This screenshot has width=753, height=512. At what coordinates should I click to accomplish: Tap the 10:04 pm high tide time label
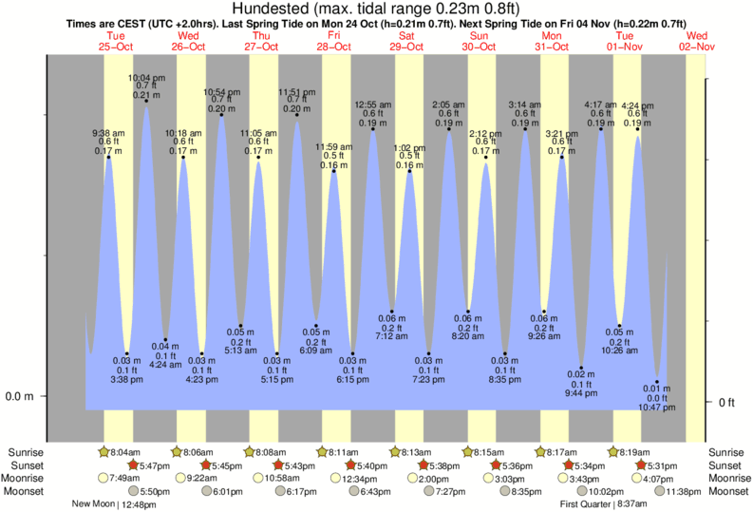pyautogui.click(x=145, y=78)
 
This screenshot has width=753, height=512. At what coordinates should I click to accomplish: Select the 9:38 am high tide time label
pyautogui.click(x=108, y=133)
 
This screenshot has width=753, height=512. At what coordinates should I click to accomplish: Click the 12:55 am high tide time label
pyautogui.click(x=373, y=104)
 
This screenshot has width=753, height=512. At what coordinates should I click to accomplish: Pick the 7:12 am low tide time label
pyautogui.click(x=391, y=337)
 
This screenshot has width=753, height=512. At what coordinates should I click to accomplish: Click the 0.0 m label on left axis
pyautogui.click(x=20, y=396)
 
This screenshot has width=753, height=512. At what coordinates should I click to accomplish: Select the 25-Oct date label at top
pyautogui.click(x=116, y=46)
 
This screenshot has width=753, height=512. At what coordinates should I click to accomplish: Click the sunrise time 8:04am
pyautogui.click(x=124, y=452)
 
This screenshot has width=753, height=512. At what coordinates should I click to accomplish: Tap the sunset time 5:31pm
pyautogui.click(x=662, y=465)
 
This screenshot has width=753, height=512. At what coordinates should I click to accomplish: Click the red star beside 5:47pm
pyautogui.click(x=133, y=465)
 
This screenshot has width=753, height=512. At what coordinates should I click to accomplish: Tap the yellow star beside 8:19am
pyautogui.click(x=613, y=452)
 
